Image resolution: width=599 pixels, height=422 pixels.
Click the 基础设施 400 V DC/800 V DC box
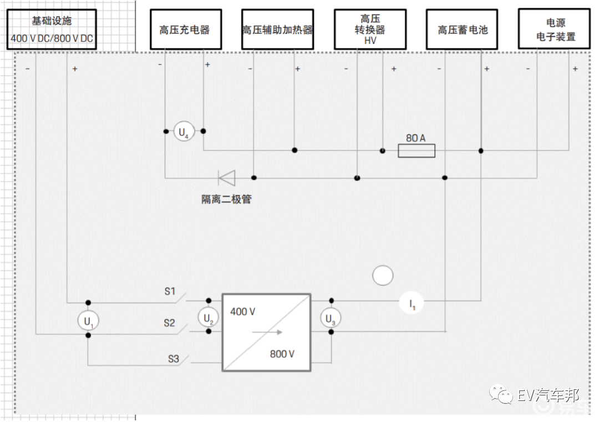click(x=52, y=29)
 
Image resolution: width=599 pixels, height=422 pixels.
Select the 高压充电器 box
click(x=186, y=29)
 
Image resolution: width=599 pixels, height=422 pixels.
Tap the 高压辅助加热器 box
click(x=277, y=29)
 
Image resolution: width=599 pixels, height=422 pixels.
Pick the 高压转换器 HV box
click(x=370, y=29)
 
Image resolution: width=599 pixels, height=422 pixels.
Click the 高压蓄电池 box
click(x=463, y=29)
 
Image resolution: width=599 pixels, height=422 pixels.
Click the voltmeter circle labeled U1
click(x=88, y=321)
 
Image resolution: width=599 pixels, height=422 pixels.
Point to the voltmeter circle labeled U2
click(x=207, y=318)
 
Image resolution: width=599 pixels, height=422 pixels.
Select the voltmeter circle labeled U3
click(x=331, y=318)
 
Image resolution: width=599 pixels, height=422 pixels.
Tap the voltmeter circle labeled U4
click(x=184, y=132)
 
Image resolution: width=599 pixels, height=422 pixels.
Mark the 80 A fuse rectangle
click(x=417, y=150)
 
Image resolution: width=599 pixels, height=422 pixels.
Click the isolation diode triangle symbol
click(x=227, y=178)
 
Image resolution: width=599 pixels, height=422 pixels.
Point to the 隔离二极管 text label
click(x=226, y=199)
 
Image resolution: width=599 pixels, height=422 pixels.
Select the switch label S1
click(x=169, y=292)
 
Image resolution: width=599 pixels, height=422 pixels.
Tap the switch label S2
click(x=169, y=323)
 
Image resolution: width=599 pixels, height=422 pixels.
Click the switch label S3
click(x=174, y=359)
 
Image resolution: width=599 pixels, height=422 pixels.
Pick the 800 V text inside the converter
click(x=282, y=354)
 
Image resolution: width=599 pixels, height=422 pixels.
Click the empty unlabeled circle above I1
click(x=383, y=275)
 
